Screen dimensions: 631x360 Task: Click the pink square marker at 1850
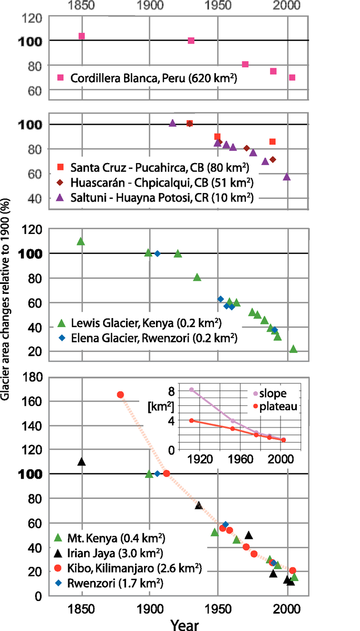coord(81,36)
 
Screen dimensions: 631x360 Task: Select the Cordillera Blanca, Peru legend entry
coord(152,78)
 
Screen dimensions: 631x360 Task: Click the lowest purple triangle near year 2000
coord(286,177)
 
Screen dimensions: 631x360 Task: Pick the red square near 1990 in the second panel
coord(272,141)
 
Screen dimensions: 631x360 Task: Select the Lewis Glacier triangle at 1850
coord(81,241)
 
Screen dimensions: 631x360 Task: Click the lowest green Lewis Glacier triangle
coord(293,349)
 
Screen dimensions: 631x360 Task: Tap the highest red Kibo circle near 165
coord(120,395)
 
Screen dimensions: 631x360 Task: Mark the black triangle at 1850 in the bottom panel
coord(81,462)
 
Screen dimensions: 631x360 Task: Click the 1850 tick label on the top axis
coord(82,7)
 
